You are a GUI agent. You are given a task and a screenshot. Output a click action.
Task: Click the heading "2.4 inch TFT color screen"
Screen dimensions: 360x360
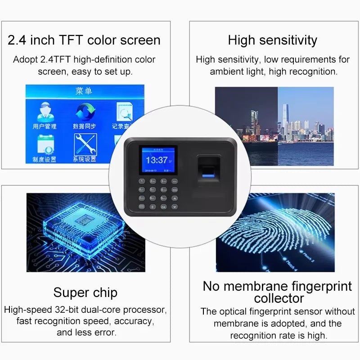pos(84,40)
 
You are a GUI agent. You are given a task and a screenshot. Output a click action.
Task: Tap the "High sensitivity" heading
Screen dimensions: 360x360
pos(272,40)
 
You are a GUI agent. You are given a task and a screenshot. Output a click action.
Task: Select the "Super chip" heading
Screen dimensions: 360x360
pos(85,292)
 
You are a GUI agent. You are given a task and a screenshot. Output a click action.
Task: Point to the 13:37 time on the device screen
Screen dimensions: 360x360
pos(157,160)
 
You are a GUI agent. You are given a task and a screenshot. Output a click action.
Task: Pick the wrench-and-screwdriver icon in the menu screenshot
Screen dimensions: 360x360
pos(85,144)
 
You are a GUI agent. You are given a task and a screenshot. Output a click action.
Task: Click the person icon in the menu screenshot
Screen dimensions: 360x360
pos(44,111)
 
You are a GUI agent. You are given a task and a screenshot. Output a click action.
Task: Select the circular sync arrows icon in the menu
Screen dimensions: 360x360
pos(84,111)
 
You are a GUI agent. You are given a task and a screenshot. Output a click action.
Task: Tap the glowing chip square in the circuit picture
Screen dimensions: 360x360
pos(83,221)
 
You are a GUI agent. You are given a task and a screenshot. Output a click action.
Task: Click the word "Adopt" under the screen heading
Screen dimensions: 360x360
pos(26,59)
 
